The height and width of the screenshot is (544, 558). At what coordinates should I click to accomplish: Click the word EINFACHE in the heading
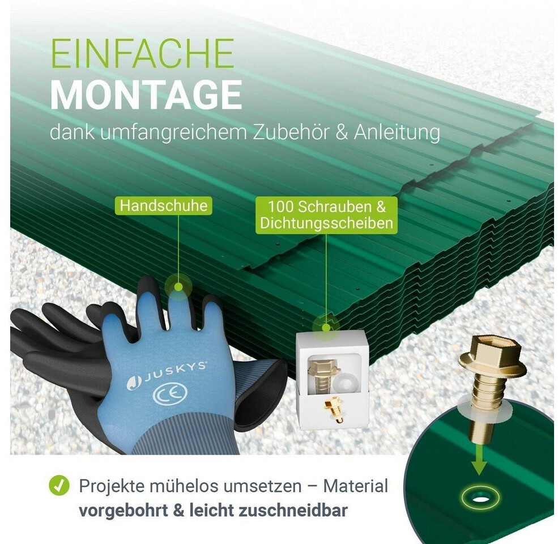[x=142, y=53]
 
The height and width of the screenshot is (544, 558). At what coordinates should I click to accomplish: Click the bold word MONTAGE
[x=146, y=95]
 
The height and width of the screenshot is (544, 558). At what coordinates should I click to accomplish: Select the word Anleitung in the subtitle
[x=397, y=133]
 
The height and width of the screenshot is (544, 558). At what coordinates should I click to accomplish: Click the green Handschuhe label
[x=163, y=206]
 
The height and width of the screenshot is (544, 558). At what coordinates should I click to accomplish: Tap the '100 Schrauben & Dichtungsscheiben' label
[x=326, y=215]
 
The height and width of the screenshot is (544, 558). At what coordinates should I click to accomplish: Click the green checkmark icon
[x=59, y=485]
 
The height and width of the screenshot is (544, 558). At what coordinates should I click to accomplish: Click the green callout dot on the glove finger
[x=178, y=287]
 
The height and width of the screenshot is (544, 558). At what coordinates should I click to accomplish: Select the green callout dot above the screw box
[x=326, y=327]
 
